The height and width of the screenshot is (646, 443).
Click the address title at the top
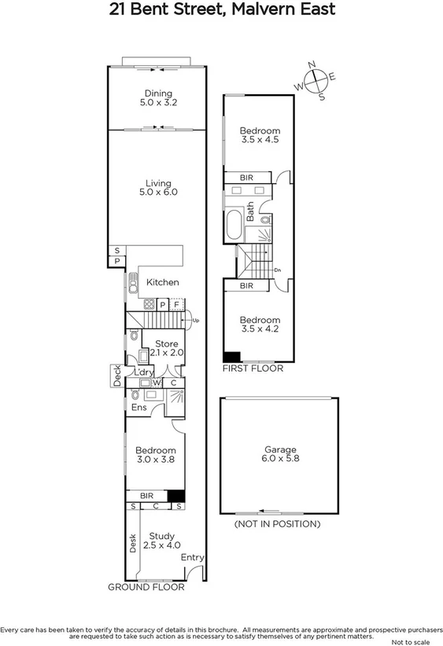coord(221,9)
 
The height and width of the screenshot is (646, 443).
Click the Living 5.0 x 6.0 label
coord(158,187)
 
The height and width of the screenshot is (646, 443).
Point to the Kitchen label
coord(163,282)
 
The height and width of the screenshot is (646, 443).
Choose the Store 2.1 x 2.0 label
coord(166,348)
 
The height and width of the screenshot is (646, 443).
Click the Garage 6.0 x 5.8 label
coord(279,455)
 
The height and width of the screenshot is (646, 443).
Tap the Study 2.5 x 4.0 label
coord(162,541)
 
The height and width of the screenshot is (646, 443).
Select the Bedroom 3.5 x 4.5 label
coord(259,135)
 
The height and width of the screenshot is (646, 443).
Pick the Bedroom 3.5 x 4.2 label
coord(259,325)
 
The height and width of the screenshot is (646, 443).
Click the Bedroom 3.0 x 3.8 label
coord(157,455)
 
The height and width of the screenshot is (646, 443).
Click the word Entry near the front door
coord(193,557)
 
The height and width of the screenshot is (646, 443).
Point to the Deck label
coord(116,377)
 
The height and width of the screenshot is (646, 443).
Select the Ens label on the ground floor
coord(138,408)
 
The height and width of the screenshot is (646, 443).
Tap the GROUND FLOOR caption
coord(146,587)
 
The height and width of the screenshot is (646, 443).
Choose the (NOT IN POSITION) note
coord(278,523)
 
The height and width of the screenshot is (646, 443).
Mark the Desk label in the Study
coord(133,542)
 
